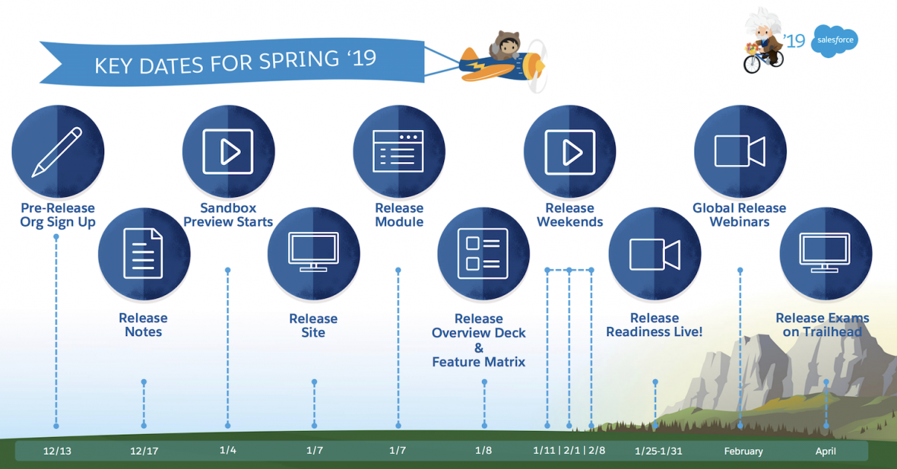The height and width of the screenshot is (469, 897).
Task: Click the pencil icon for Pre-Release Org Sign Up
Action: pos(57,151)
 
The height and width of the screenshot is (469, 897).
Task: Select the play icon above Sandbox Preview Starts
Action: pos(228,151)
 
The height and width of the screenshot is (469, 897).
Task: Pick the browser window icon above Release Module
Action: pos(398,151)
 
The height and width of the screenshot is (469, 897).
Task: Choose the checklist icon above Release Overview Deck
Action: pos(483,252)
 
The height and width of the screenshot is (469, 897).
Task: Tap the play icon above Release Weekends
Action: pos(569,151)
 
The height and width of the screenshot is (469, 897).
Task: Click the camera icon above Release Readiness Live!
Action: pos(655,254)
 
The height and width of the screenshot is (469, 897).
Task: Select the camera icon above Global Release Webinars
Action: pos(740,151)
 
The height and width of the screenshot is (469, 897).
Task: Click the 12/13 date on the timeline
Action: pos(57,451)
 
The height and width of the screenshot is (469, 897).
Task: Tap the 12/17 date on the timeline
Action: pos(144,451)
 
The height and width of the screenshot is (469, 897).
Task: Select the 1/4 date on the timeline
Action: pos(228,450)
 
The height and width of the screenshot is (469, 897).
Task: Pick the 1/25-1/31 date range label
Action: pos(658,451)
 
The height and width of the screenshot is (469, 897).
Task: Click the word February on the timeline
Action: pos(743,451)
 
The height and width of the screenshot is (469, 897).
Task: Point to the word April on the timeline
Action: pos(826,451)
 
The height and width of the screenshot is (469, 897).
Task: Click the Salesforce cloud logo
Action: pos(834,40)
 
